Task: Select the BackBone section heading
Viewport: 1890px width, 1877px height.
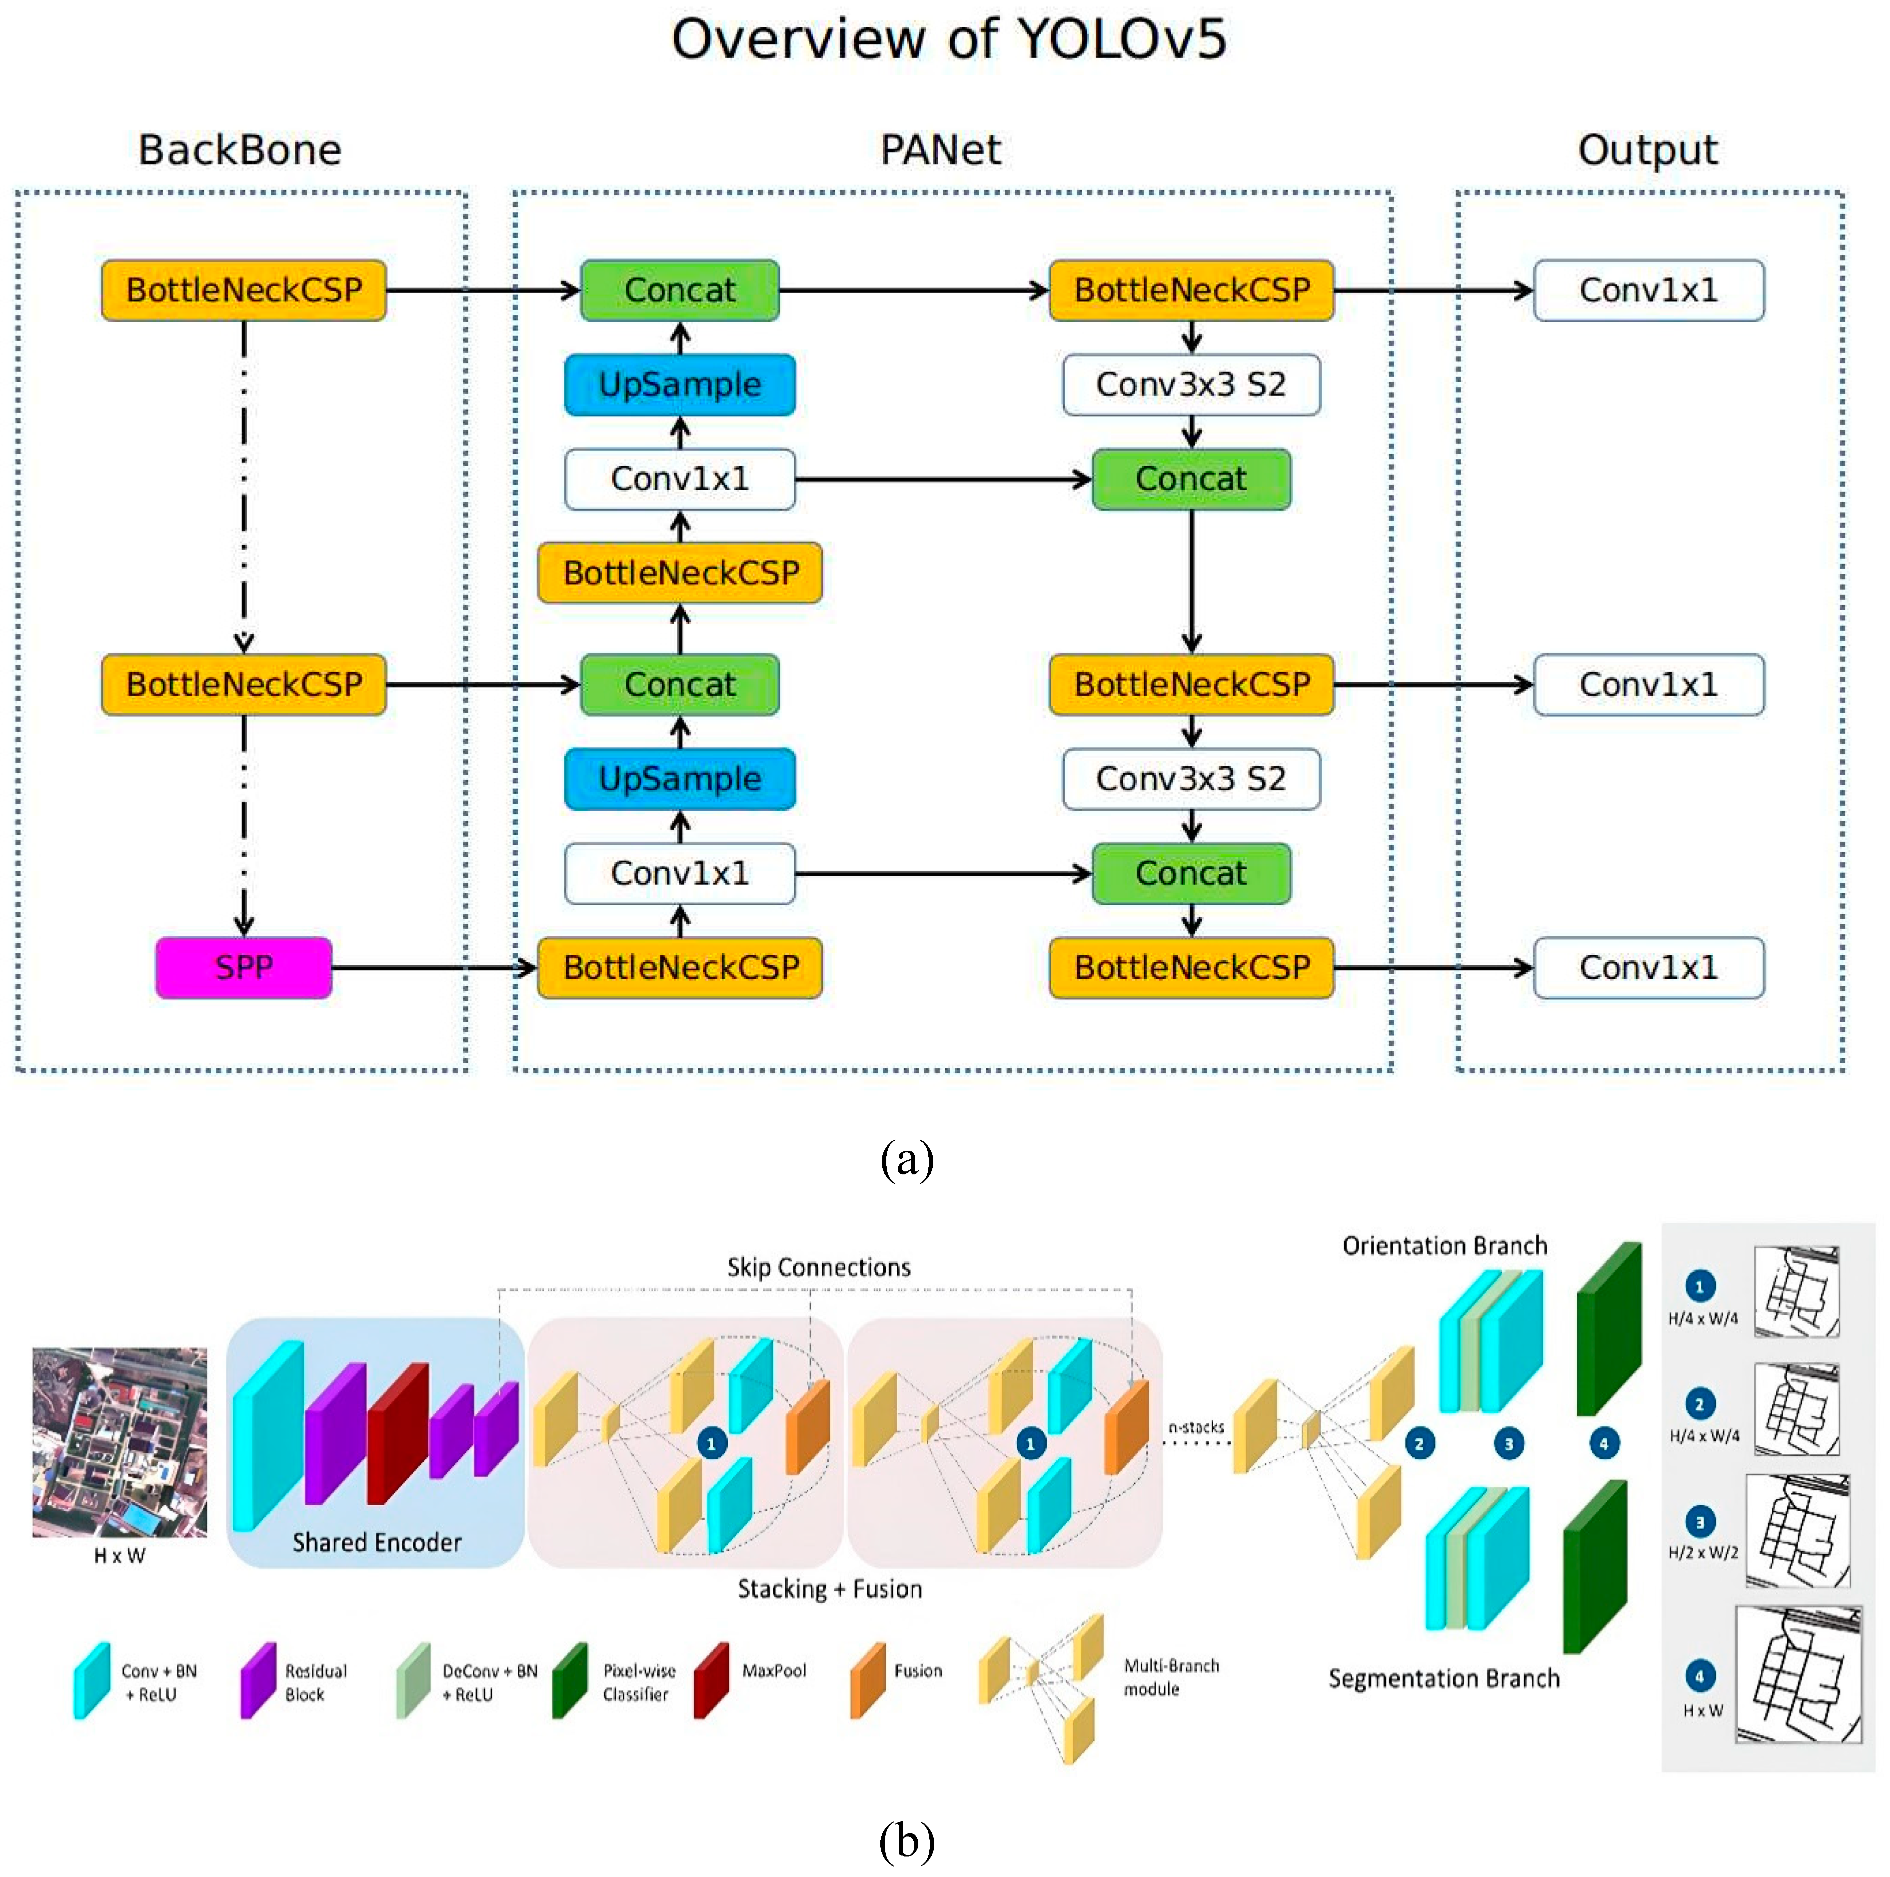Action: (x=239, y=150)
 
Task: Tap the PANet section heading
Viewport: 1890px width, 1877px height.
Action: (x=940, y=150)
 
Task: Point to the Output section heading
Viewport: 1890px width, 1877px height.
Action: (x=1648, y=150)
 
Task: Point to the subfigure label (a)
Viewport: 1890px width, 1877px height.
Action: (x=907, y=1160)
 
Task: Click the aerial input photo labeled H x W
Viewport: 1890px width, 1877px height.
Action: (x=119, y=1441)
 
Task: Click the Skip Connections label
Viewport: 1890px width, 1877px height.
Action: (x=819, y=1267)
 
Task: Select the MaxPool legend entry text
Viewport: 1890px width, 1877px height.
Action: (x=774, y=1670)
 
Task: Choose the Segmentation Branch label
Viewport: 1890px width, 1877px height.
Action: (x=1444, y=1678)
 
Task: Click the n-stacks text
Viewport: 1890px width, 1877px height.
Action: (x=1196, y=1427)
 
